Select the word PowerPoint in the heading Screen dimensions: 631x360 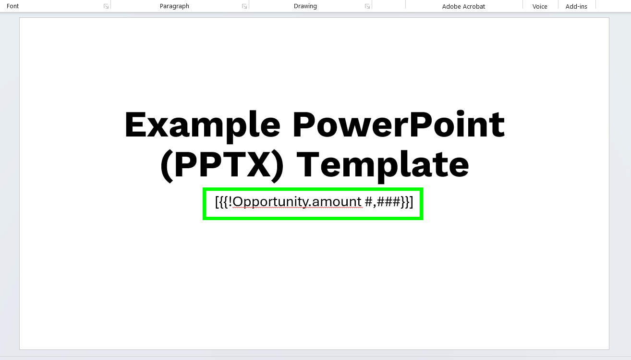pos(399,124)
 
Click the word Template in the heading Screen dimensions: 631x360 pos(383,167)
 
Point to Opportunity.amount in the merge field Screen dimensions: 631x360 pos(297,202)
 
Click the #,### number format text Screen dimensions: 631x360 pos(383,202)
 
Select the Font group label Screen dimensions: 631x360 pos(12,6)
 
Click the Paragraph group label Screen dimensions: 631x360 pos(174,6)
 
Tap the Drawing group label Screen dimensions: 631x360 pos(305,6)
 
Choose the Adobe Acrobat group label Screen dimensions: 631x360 pos(463,6)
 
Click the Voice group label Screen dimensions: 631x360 pos(540,6)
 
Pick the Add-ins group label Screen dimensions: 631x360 pos(576,6)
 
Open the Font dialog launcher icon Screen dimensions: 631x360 pos(106,6)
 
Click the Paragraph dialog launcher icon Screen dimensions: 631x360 pos(244,6)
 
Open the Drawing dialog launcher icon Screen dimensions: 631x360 pos(367,6)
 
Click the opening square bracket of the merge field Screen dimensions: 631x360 pos(217,202)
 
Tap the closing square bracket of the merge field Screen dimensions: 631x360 pos(412,202)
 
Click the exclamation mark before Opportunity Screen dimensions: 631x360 pos(230,201)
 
